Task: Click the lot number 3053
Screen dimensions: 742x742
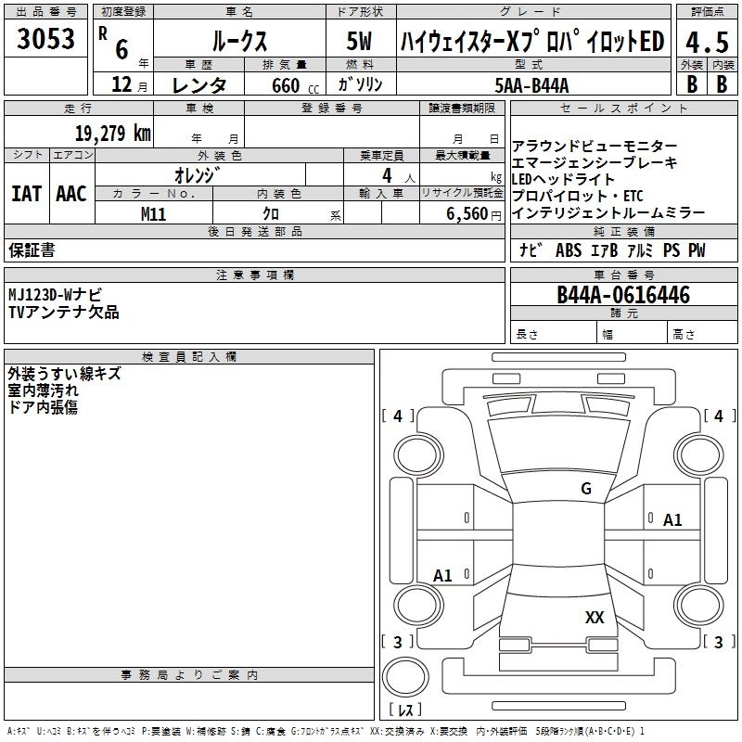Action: point(46,40)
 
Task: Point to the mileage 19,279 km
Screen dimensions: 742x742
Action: point(112,133)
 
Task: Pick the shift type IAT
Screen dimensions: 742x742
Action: point(26,194)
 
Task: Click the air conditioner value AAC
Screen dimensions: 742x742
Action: point(70,194)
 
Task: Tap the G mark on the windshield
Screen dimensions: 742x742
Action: point(585,489)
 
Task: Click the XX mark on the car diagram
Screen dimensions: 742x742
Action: point(595,618)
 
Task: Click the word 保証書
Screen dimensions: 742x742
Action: point(32,250)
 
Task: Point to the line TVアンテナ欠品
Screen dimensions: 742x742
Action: point(64,313)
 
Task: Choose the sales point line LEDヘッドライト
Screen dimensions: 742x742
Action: point(563,179)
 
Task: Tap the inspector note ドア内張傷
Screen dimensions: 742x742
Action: point(44,407)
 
